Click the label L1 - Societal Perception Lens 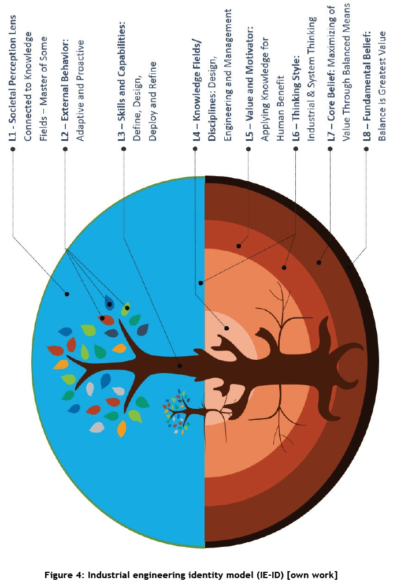click(13, 78)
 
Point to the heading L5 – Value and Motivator click(250, 84)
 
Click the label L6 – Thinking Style click(296, 99)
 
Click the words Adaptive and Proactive click(80, 91)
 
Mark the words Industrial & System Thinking click(311, 79)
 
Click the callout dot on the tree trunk click(180, 366)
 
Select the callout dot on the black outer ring click(350, 267)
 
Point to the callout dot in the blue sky click(67, 294)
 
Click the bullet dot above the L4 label click(195, 149)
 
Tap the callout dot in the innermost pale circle click(227, 329)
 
